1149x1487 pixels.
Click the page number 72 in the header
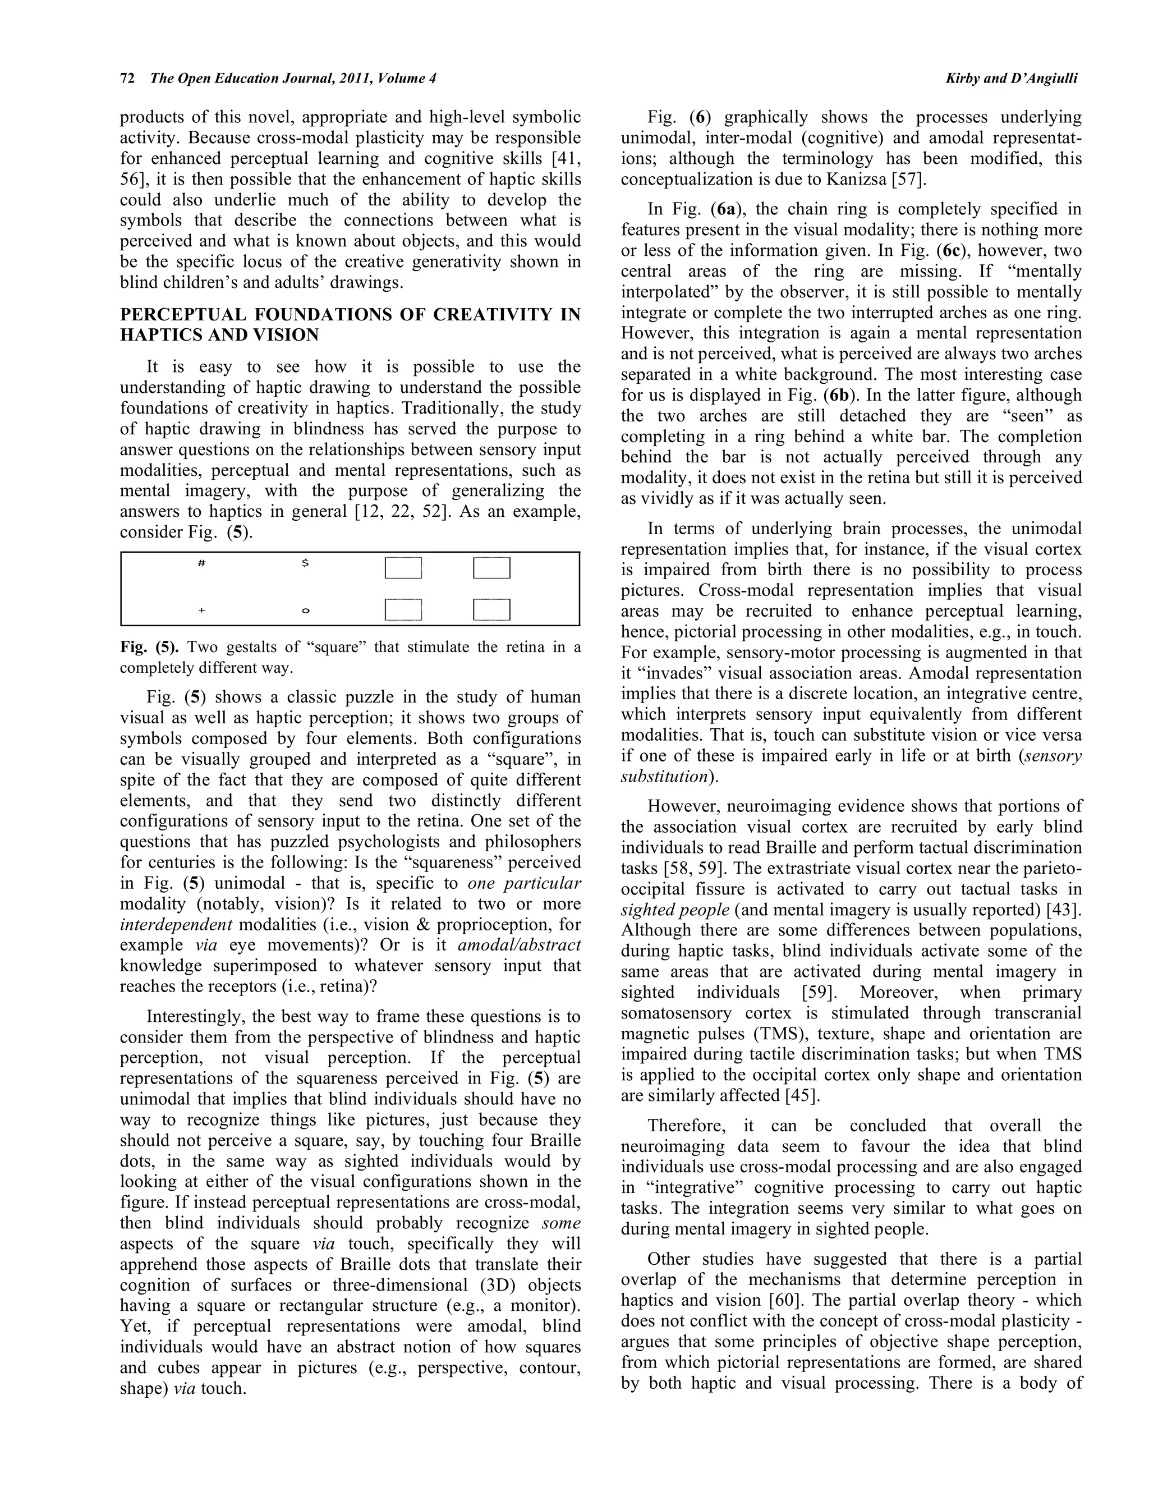point(127,79)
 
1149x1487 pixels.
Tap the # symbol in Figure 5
point(201,564)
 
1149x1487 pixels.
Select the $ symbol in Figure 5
point(305,564)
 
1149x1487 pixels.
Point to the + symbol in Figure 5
point(201,611)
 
